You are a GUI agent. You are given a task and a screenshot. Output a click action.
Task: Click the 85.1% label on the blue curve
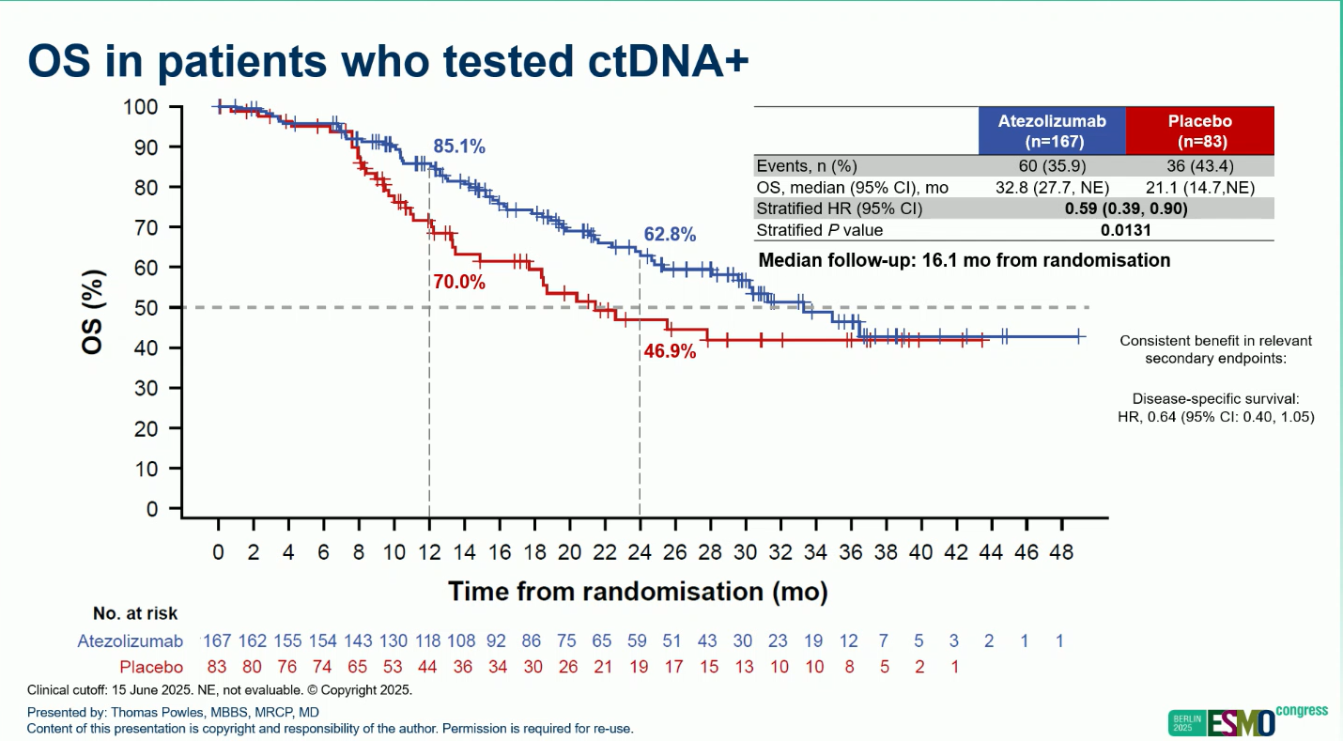pos(458,147)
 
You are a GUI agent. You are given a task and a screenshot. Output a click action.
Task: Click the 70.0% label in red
pos(458,281)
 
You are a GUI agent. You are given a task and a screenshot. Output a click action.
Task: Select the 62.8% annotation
pos(670,235)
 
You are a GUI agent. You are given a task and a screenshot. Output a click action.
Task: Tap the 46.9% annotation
pos(670,351)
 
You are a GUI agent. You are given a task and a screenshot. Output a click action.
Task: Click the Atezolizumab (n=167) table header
pos(1052,131)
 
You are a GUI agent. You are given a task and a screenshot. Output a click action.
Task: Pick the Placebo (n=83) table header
pos(1199,131)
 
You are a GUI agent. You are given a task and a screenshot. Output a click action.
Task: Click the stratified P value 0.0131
pos(1126,230)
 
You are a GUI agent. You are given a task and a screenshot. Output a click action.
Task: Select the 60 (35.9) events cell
pos(1052,166)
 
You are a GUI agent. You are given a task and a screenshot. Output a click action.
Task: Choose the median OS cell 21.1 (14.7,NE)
pos(1199,188)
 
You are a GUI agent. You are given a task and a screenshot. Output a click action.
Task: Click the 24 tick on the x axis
pos(640,553)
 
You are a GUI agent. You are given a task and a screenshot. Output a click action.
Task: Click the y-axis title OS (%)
pos(94,313)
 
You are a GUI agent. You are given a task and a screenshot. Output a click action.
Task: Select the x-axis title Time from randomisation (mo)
pos(637,592)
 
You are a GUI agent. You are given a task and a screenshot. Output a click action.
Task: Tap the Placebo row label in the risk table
pos(151,668)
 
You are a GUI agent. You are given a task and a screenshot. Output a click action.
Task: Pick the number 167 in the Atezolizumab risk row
pos(217,641)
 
